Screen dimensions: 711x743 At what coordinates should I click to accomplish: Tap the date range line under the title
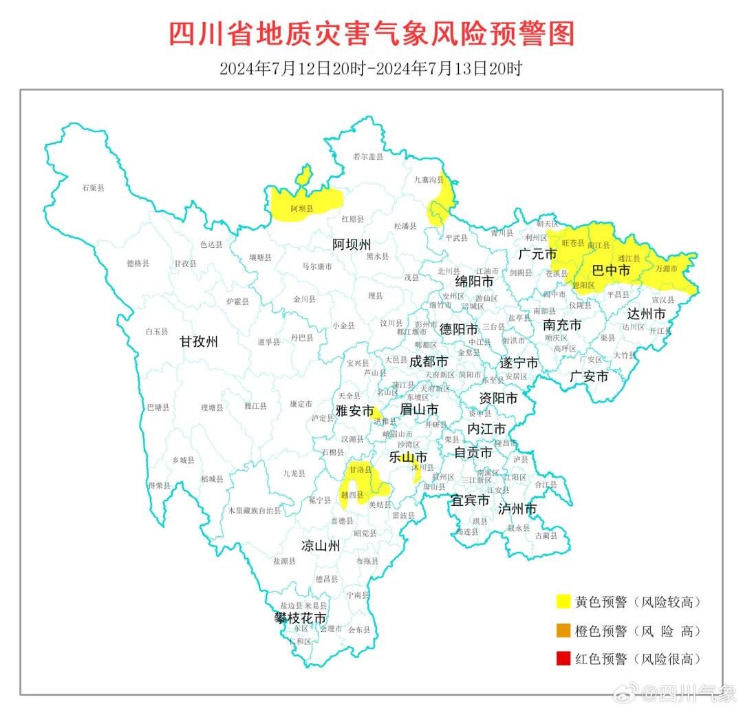tap(371, 69)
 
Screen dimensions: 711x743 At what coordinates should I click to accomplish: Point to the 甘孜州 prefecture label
tap(199, 341)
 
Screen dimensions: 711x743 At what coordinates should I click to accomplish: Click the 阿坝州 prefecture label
tap(352, 244)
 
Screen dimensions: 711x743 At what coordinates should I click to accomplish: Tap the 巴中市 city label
tap(611, 271)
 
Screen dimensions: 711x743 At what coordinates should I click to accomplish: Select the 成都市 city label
tap(429, 361)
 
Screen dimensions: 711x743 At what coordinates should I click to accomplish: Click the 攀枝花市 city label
tap(301, 618)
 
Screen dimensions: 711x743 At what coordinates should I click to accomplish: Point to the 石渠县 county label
tap(93, 187)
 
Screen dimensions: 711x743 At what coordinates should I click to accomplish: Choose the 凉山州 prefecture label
tap(321, 546)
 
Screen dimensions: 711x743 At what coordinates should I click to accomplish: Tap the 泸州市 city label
tap(517, 509)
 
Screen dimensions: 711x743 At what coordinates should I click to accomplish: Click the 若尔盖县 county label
tap(367, 157)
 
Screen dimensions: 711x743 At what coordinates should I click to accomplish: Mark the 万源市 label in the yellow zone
tap(666, 268)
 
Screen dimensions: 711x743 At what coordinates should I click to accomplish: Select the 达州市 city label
tap(646, 314)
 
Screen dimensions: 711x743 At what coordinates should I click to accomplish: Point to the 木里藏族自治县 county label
tap(255, 511)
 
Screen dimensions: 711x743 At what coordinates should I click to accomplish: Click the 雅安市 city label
tap(354, 411)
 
